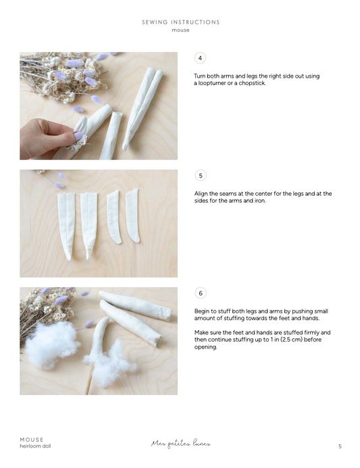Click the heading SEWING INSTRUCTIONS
[x=180, y=22]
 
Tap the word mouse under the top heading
[x=180, y=30]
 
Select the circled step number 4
[x=200, y=58]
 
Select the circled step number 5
[x=200, y=176]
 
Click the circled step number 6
[x=200, y=293]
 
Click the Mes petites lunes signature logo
[x=180, y=444]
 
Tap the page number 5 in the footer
[x=340, y=446]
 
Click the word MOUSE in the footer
[x=32, y=440]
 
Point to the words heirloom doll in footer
[x=35, y=446]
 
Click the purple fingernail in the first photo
[x=79, y=136]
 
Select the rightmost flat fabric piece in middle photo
[x=132, y=215]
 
